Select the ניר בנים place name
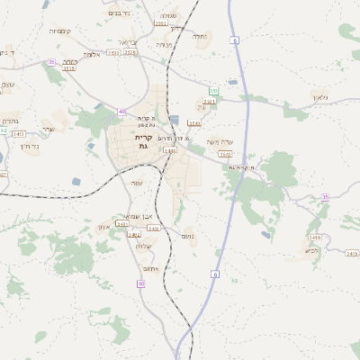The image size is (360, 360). (x=118, y=13)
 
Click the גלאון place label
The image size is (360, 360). (x=321, y=96)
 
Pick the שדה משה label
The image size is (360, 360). (x=219, y=141)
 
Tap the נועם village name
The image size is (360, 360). (x=188, y=236)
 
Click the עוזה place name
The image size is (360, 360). (x=138, y=183)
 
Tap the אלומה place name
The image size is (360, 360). (x=90, y=54)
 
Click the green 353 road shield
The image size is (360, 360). (x=213, y=90)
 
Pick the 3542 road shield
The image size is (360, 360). (x=226, y=154)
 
